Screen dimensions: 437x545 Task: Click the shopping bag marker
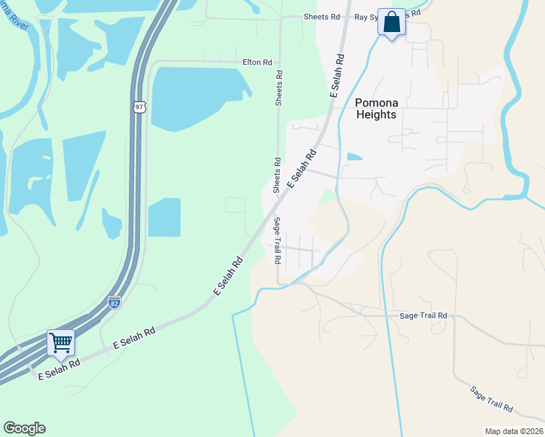391,23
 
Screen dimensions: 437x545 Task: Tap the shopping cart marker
60,342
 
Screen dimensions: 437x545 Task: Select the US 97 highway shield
140,106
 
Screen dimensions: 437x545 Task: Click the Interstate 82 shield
114,302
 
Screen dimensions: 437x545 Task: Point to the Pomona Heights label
376,109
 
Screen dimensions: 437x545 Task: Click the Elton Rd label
257,63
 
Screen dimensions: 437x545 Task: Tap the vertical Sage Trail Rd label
278,240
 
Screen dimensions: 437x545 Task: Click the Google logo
24,428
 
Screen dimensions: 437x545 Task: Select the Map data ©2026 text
514,431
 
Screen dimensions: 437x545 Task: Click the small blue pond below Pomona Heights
354,157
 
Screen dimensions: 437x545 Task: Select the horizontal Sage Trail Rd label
423,315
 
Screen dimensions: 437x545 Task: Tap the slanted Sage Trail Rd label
492,400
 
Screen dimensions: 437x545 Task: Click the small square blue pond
164,217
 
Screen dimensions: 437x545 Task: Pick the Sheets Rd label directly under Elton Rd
278,88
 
